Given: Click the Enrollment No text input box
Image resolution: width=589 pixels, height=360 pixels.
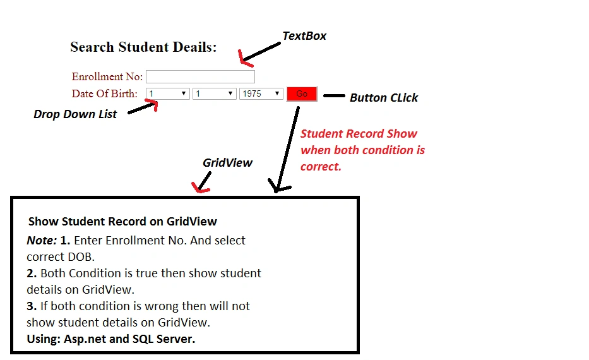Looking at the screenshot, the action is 200,76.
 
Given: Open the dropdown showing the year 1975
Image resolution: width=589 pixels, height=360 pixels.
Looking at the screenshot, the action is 261,93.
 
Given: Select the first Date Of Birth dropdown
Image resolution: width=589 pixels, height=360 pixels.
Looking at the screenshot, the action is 167,93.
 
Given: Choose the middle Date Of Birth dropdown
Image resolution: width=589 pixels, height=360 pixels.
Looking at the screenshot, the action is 214,93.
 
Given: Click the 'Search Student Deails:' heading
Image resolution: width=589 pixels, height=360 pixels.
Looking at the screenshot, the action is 143,47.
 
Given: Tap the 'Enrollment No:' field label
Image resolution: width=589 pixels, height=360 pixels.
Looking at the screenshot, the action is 107,76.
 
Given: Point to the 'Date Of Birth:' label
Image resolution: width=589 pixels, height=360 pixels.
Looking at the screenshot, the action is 104,93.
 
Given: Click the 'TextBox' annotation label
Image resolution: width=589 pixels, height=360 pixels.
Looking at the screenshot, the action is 304,36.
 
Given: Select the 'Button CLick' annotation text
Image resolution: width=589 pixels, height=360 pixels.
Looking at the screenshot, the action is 384,98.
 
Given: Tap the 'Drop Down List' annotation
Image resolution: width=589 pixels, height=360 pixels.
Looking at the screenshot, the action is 75,114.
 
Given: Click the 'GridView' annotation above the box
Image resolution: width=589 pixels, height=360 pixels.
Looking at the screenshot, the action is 227,163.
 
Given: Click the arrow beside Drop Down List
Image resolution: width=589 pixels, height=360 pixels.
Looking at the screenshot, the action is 143,107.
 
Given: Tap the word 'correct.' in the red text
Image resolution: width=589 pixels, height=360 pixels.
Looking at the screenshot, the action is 321,167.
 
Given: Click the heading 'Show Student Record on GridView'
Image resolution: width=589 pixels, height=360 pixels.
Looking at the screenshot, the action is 122,221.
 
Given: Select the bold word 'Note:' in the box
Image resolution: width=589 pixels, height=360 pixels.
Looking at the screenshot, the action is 42,241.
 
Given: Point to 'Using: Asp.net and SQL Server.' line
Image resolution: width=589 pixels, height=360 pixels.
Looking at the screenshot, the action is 111,339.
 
